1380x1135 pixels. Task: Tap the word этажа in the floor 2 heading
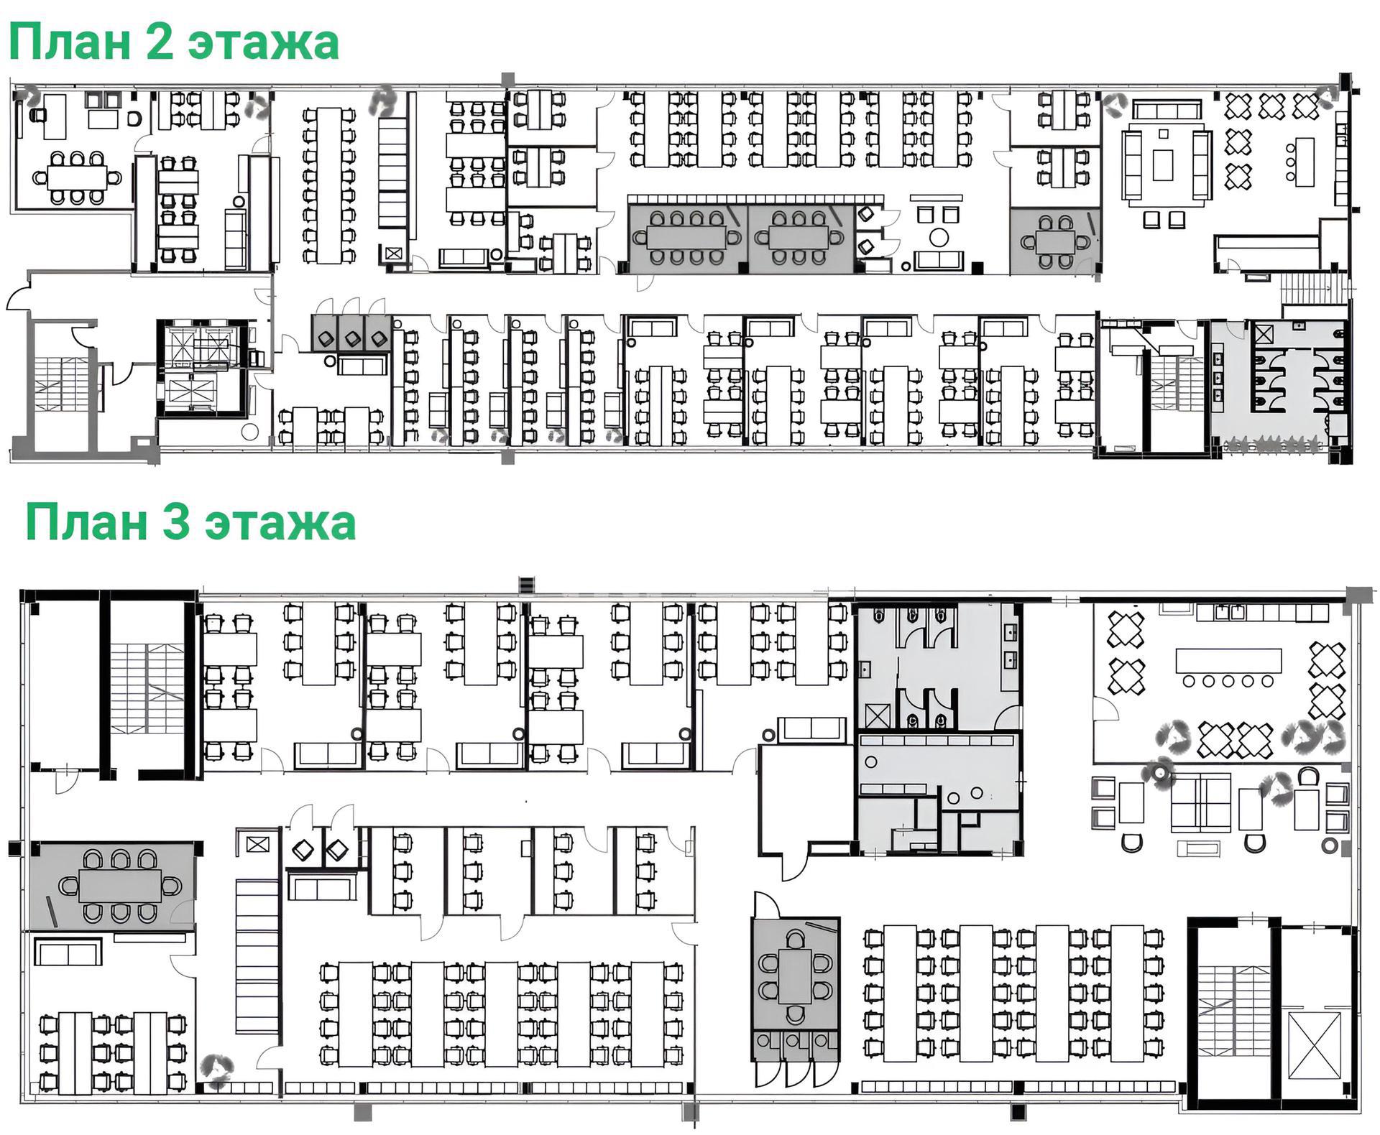pos(263,43)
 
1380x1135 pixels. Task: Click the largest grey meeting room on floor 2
pos(688,238)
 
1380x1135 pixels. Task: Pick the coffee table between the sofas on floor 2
pos(1162,165)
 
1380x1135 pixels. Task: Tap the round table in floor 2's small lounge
pos(939,236)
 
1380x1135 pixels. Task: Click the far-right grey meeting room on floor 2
pos(1054,241)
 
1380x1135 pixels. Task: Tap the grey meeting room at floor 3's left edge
pos(111,886)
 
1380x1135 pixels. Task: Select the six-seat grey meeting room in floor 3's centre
pos(795,974)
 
